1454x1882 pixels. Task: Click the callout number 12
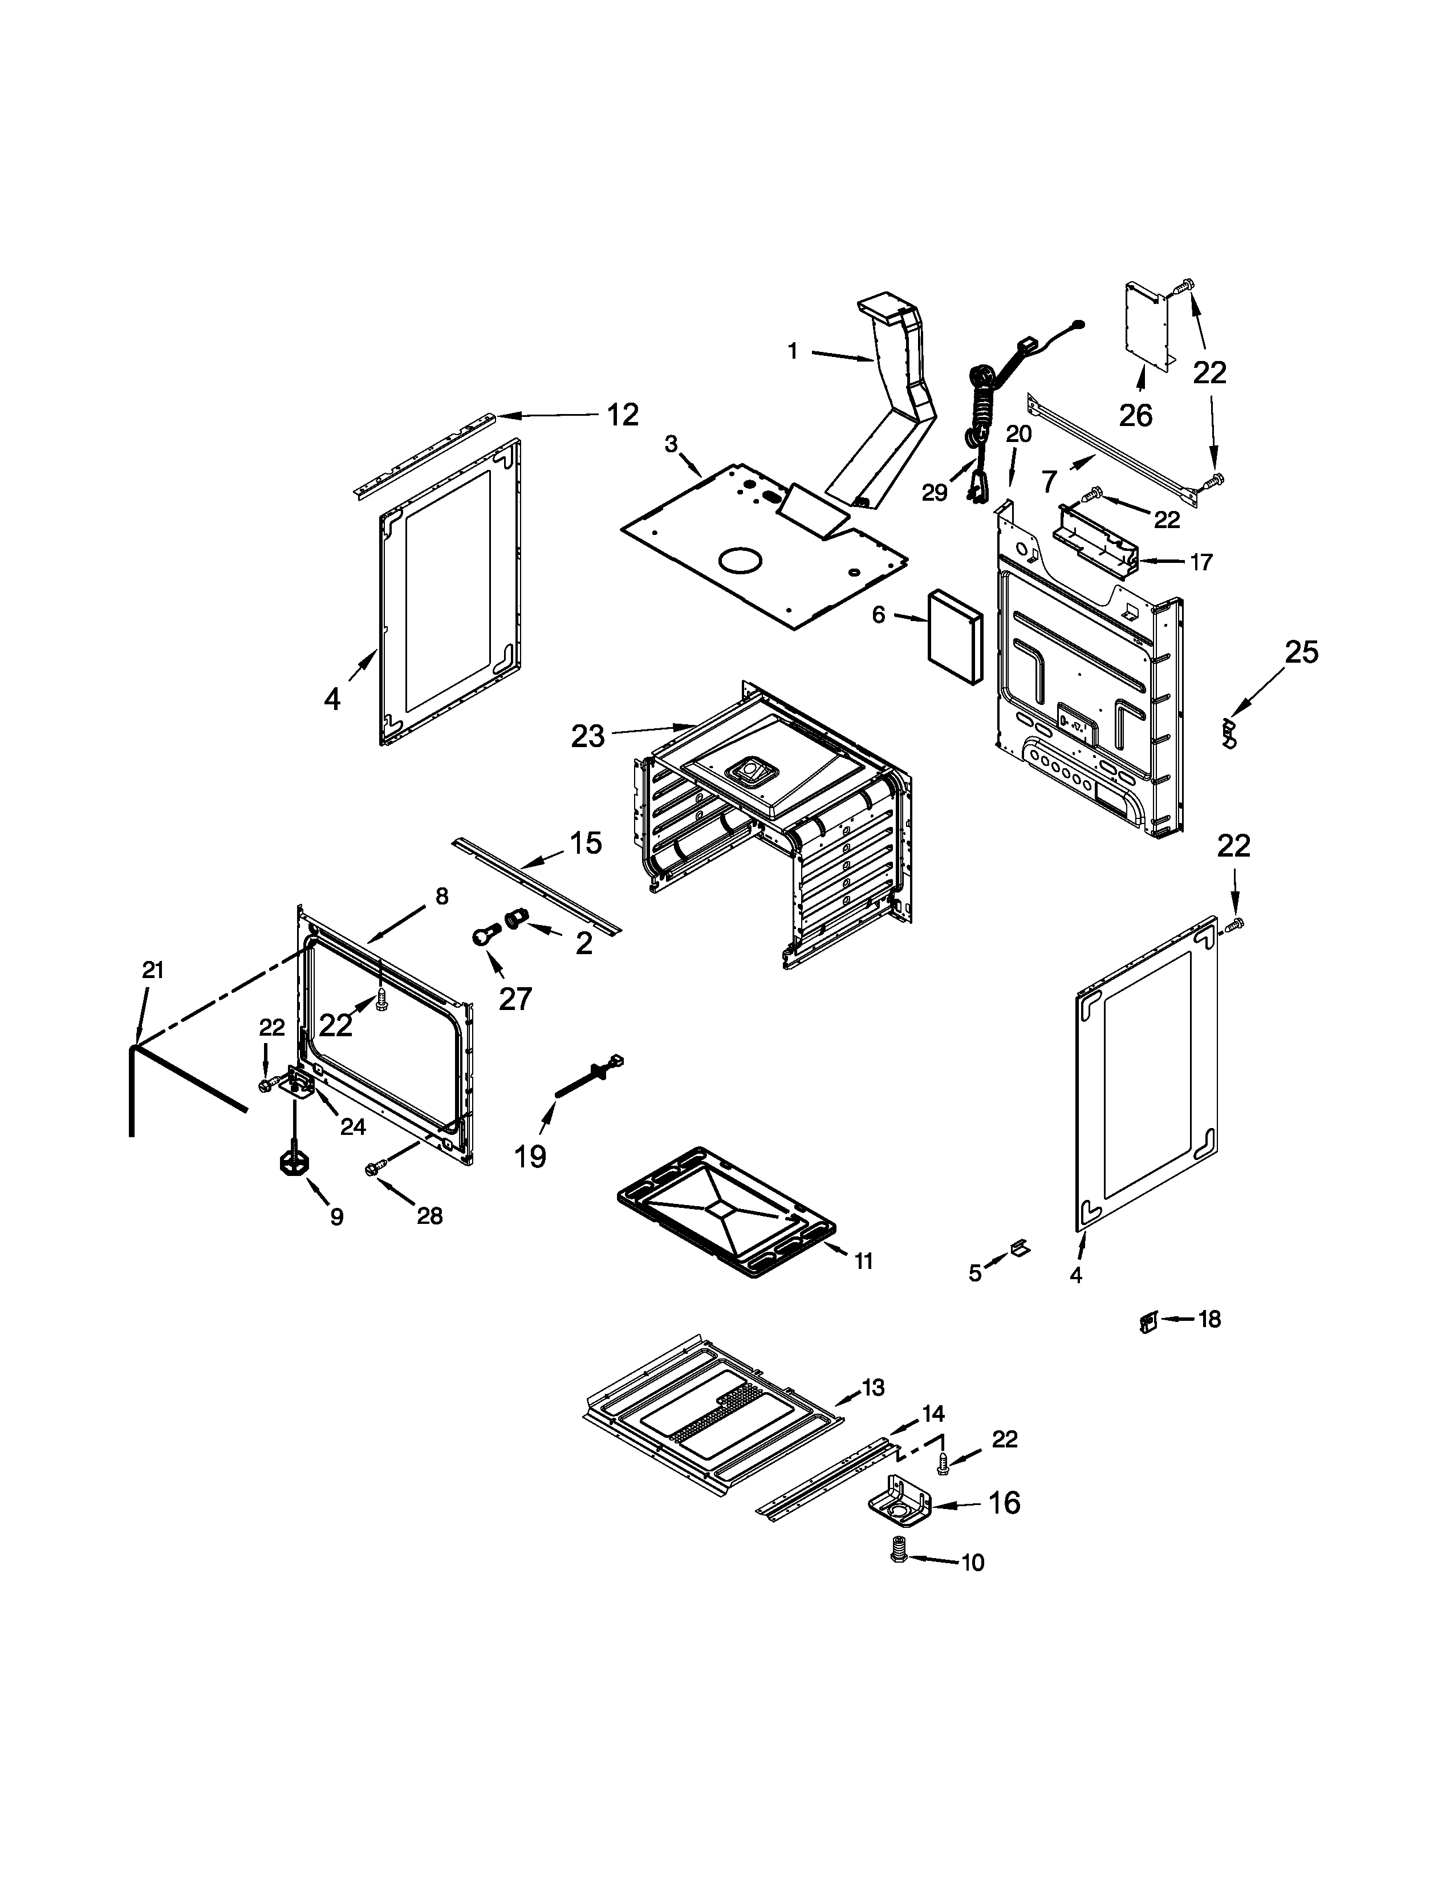(622, 415)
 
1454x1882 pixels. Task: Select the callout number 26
(1135, 415)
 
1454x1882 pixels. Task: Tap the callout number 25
(1301, 652)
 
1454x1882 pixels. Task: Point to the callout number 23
(588, 735)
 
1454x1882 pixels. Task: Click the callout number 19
(531, 1155)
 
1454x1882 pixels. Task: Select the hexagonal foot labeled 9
(294, 1162)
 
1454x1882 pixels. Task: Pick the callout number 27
(515, 999)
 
